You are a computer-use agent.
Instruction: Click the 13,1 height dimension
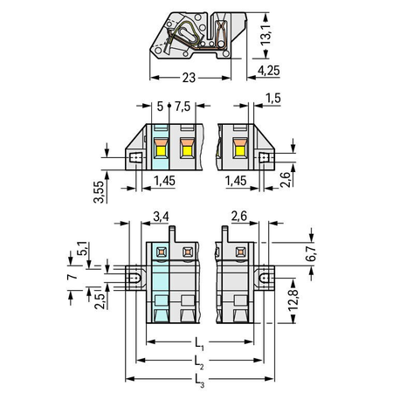click(x=265, y=35)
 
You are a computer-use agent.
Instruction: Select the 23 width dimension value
click(x=189, y=78)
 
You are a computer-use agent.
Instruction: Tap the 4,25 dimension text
click(x=269, y=71)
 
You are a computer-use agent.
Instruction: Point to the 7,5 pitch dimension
click(x=183, y=107)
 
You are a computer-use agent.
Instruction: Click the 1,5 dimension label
click(x=273, y=99)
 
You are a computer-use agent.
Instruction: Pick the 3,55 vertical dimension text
click(x=99, y=192)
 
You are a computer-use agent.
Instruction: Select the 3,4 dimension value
click(x=161, y=217)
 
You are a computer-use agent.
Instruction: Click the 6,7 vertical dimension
click(x=311, y=253)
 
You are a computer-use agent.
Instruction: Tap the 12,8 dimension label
click(x=293, y=300)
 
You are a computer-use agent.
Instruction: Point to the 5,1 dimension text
click(x=82, y=249)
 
